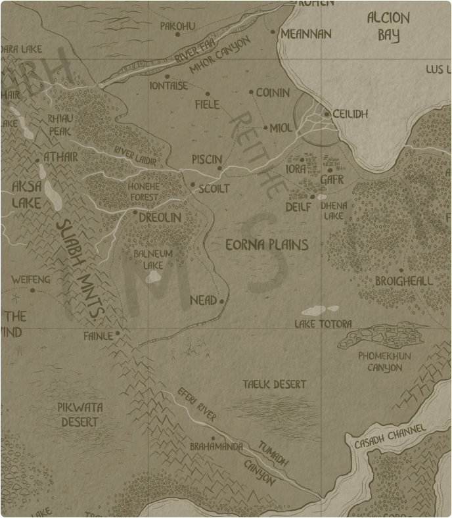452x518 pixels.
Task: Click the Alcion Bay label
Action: click(x=388, y=26)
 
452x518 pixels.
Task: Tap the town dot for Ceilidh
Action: click(x=327, y=114)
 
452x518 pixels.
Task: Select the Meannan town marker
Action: click(x=273, y=32)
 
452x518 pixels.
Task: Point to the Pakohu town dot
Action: click(x=177, y=35)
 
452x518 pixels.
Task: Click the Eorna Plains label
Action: click(x=266, y=245)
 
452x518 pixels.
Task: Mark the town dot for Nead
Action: click(x=222, y=301)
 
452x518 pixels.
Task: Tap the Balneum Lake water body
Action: click(x=153, y=277)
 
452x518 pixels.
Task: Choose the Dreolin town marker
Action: click(x=135, y=212)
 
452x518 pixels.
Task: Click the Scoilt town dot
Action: click(x=192, y=185)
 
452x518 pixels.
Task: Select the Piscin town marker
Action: click(x=220, y=168)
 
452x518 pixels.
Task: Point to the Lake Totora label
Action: click(x=323, y=324)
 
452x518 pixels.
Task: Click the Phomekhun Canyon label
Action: click(x=384, y=362)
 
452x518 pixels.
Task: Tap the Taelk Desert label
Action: click(x=274, y=384)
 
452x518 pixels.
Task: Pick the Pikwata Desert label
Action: click(x=79, y=415)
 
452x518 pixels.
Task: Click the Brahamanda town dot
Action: click(x=213, y=438)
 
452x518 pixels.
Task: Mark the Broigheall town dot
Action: click(x=400, y=270)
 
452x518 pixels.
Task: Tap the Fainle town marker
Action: click(x=118, y=334)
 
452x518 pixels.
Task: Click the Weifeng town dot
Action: click(x=32, y=290)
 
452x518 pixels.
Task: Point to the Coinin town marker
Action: click(x=251, y=93)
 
